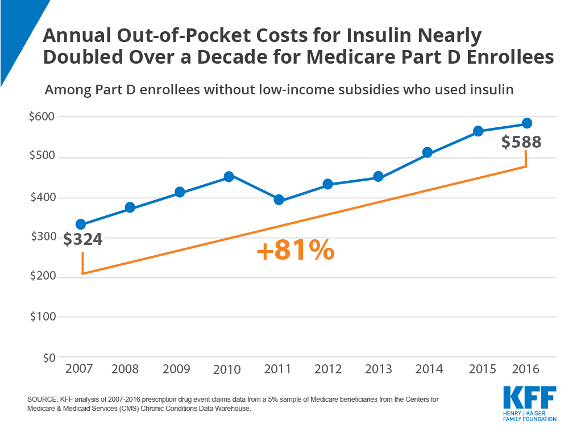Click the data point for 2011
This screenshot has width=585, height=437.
click(279, 199)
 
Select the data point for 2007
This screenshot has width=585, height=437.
click(81, 224)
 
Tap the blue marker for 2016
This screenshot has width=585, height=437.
click(526, 123)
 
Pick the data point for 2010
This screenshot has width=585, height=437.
click(229, 177)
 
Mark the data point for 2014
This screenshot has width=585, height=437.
click(428, 152)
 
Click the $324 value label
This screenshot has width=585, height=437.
click(82, 239)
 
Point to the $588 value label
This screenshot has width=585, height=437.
click(521, 141)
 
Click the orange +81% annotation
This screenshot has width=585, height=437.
click(295, 251)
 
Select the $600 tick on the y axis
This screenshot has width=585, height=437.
click(42, 116)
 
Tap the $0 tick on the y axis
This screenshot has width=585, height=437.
click(49, 357)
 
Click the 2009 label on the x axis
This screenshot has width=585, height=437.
click(177, 369)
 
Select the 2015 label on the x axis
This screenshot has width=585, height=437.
click(478, 369)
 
